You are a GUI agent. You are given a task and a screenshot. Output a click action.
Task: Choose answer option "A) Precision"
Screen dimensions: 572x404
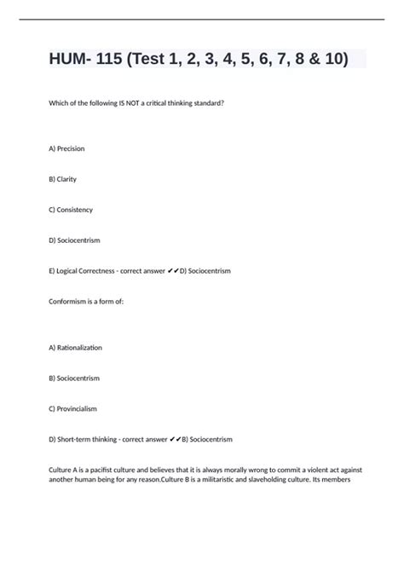[67, 148]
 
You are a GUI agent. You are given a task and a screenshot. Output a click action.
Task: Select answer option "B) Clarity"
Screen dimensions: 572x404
[63, 179]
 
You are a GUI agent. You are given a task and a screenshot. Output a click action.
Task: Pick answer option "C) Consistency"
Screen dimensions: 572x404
[72, 210]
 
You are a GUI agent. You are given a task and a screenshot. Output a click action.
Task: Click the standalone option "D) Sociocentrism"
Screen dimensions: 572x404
[75, 240]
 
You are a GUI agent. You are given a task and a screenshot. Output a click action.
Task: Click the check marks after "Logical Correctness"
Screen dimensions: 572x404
[175, 271]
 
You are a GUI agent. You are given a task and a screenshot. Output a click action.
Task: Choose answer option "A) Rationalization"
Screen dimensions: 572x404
[76, 347]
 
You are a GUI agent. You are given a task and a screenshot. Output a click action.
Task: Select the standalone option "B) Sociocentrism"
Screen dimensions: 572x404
[75, 378]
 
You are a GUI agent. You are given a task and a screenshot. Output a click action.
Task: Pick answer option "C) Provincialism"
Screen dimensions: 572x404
[73, 408]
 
